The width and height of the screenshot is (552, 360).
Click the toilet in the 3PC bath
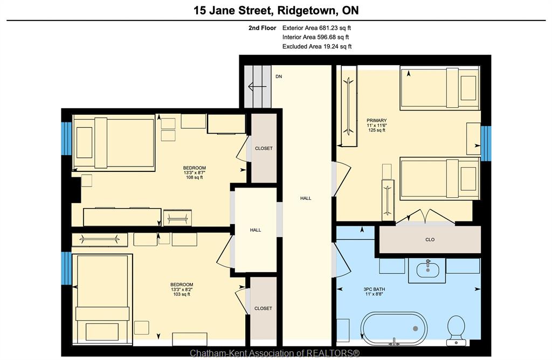[x=457, y=330]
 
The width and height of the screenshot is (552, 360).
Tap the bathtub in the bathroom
[x=395, y=328]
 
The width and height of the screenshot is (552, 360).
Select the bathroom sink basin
[x=427, y=270]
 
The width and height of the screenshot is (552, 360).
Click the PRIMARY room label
[x=376, y=120]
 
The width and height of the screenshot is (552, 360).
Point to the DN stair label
[x=279, y=77]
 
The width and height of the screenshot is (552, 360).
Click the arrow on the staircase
[x=255, y=87]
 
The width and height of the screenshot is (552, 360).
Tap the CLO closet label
[x=430, y=240]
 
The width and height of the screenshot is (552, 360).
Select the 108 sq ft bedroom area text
[x=194, y=178]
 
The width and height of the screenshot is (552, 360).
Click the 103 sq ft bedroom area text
[x=182, y=294]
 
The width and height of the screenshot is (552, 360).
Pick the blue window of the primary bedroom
[x=486, y=143]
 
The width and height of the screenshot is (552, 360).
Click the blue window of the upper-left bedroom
[x=66, y=139]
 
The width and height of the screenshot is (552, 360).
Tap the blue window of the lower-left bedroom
[x=66, y=268]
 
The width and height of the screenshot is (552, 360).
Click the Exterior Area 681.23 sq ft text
[x=316, y=28]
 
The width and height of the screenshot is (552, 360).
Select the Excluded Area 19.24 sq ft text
[x=317, y=46]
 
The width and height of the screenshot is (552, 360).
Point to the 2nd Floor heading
[x=263, y=28]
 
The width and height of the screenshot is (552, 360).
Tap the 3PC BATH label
[x=374, y=289]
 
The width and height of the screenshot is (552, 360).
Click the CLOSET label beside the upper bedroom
[x=264, y=149]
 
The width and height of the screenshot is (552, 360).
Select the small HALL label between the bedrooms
[x=256, y=230]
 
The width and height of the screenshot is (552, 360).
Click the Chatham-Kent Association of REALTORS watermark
[x=275, y=353]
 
